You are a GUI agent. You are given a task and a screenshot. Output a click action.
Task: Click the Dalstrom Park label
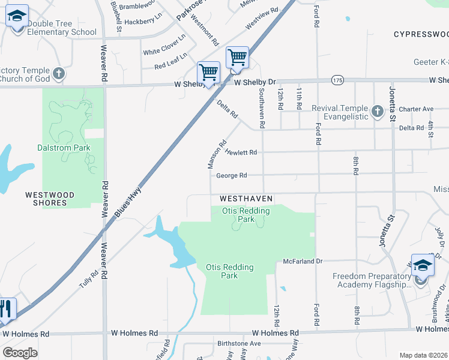point(65,148)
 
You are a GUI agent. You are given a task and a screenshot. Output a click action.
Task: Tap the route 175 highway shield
point(337,80)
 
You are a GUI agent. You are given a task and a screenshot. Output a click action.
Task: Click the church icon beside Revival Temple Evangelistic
point(377,111)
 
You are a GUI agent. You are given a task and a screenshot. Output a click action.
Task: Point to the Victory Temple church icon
point(58,74)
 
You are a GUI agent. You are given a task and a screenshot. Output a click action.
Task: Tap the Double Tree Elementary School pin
point(17,16)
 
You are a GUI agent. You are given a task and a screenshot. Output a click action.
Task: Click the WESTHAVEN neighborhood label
point(246,198)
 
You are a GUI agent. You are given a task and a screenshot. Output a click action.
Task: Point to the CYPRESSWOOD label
point(421,35)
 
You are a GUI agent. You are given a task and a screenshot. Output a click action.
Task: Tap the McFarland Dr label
point(303,262)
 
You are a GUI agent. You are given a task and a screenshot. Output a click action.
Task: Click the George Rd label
point(232,176)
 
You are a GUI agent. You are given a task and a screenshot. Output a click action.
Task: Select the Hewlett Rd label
point(241,152)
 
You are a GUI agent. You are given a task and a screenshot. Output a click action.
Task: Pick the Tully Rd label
point(89,279)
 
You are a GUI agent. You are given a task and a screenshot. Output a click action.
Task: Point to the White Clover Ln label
point(164,45)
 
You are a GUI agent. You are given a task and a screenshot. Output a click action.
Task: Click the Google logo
point(20,353)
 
